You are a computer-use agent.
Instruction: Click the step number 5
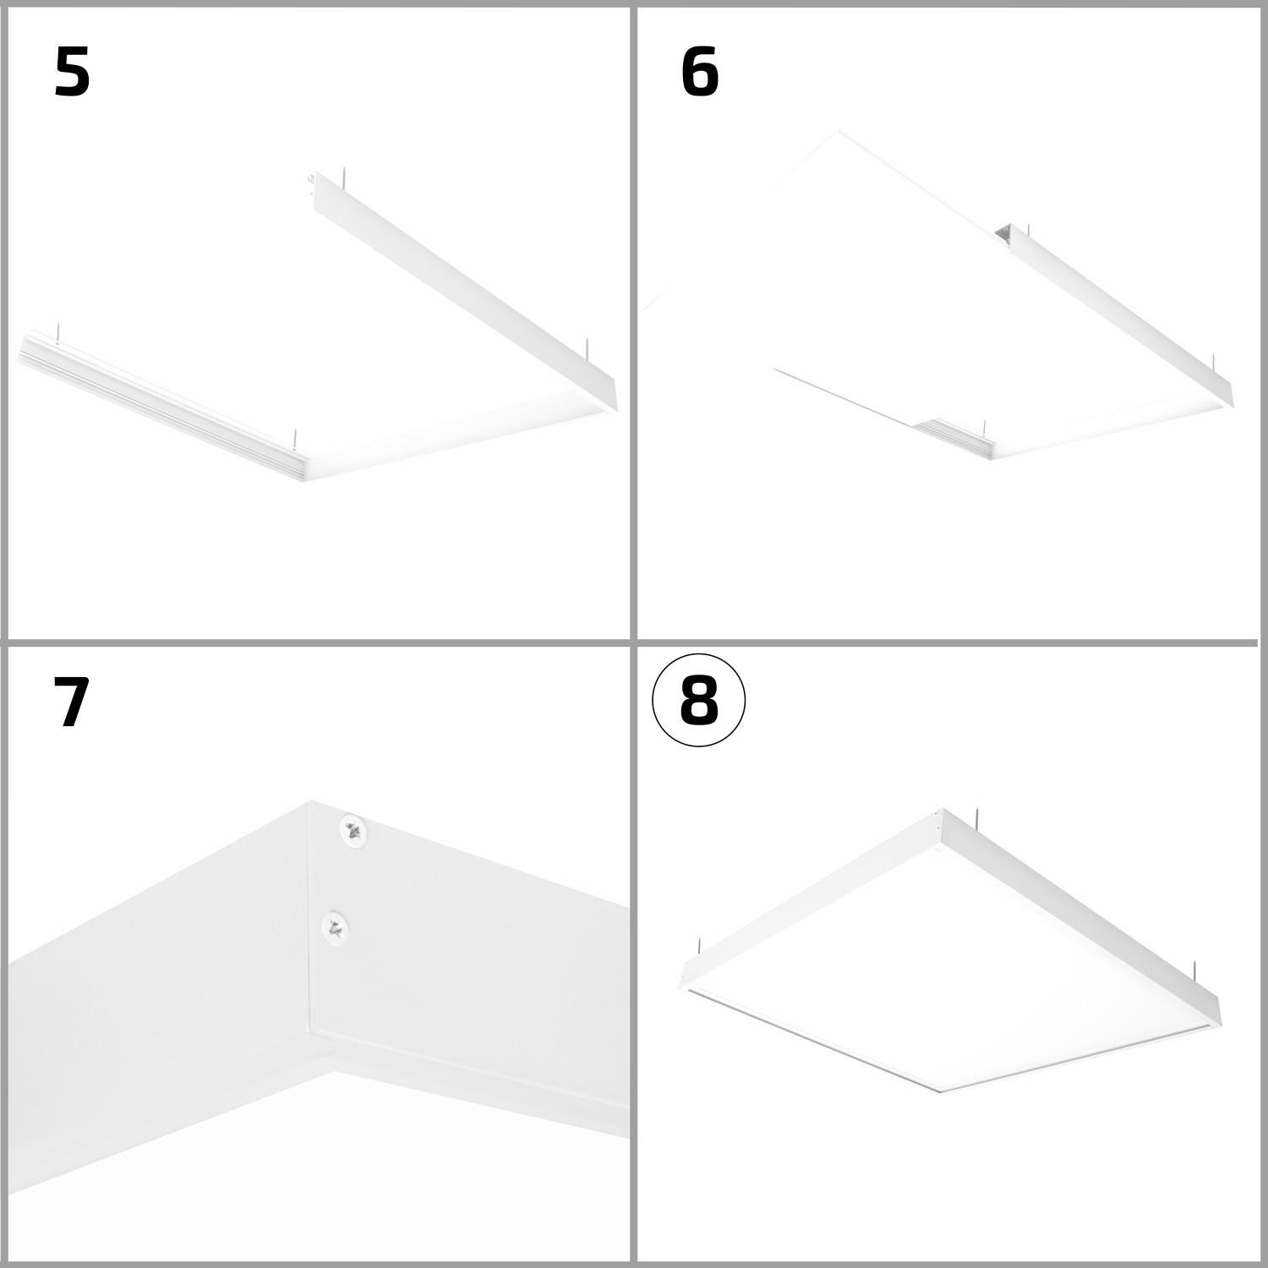coord(72,72)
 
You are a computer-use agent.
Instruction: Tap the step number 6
coord(699,72)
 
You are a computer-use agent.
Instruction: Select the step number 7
coord(71,702)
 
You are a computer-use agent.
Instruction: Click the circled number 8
coord(698,701)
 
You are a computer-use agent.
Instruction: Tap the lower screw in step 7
coord(336,927)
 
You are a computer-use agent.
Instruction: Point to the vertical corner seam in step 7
coord(312,917)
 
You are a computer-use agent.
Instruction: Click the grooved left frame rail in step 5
coord(161,406)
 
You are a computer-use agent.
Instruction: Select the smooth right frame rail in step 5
coord(465,292)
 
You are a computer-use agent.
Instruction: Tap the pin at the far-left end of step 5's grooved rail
coord(57,333)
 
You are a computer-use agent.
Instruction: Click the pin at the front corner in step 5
coord(294,439)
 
